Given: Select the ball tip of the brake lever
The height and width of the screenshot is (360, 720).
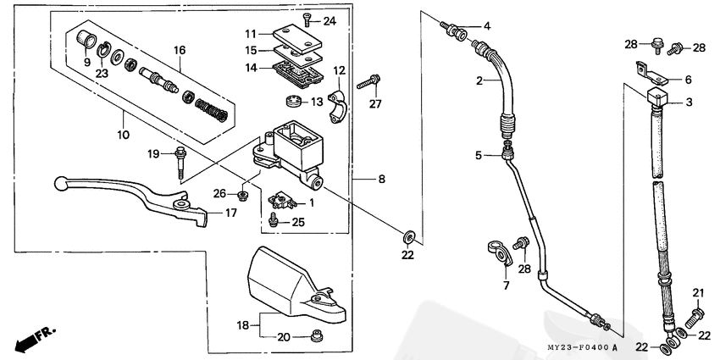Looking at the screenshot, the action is [60, 183].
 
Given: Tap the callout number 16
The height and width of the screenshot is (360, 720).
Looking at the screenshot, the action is [180, 50].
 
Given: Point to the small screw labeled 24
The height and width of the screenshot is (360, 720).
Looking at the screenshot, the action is [307, 19].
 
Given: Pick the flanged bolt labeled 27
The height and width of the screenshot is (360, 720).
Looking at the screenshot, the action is [368, 82].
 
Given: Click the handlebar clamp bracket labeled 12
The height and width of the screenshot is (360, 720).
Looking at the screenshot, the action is [337, 107].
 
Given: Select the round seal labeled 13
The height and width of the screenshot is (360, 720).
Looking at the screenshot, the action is [292, 101].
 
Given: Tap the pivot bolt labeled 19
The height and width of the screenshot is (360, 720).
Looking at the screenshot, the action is [180, 163].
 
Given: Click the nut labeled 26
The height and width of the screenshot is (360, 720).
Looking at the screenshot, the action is [242, 196].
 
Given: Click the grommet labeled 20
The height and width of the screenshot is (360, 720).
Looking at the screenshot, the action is [315, 335].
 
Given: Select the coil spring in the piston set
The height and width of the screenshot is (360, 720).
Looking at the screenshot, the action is [211, 110].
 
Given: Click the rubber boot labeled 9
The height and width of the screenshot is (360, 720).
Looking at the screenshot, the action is [86, 38].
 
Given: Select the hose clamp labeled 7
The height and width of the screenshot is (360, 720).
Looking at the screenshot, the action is [500, 252].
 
